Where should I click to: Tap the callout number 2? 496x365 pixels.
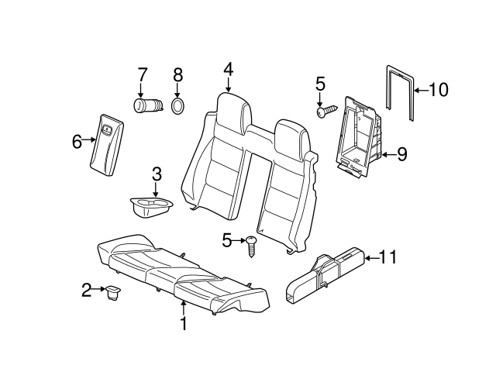(87, 291)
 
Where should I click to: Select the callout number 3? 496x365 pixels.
(156, 174)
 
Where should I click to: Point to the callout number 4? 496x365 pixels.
(228, 70)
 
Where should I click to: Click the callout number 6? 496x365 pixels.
(77, 141)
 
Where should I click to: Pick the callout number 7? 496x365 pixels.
(142, 75)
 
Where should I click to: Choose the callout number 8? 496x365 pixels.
(177, 75)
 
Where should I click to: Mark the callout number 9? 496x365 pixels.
(401, 154)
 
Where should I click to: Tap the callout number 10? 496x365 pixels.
(438, 91)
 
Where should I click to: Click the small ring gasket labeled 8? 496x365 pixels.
(177, 106)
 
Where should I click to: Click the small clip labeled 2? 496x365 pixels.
(112, 292)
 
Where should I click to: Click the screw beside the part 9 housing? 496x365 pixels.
(324, 111)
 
